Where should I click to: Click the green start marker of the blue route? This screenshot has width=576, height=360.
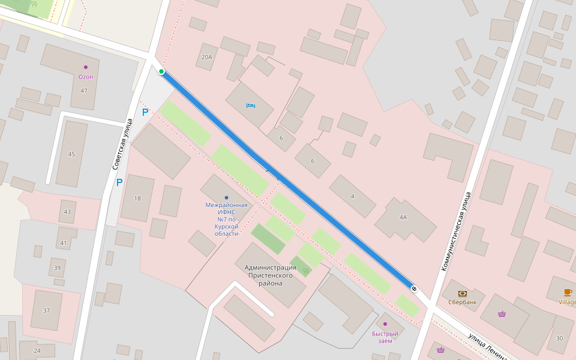(161, 72)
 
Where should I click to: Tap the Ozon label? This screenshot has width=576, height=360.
(86, 77)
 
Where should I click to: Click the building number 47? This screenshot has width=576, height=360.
(83, 91)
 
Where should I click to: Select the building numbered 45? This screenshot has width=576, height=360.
(71, 154)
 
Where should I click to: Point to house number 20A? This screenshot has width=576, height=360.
(206, 58)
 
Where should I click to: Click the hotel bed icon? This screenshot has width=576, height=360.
(251, 106)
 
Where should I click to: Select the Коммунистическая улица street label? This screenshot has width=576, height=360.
(454, 231)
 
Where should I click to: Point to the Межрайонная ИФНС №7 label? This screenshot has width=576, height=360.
(226, 219)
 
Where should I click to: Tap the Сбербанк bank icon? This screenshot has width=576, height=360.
(463, 294)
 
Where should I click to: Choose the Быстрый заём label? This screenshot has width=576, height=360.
(385, 337)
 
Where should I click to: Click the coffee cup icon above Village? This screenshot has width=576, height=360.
(568, 293)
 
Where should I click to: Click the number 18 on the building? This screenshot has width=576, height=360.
(137, 199)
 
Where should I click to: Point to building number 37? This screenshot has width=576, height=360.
(46, 310)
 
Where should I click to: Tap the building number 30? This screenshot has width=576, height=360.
(559, 338)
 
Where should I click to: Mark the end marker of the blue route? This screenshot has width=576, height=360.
(414, 289)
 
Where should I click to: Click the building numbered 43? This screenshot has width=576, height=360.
(67, 212)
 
